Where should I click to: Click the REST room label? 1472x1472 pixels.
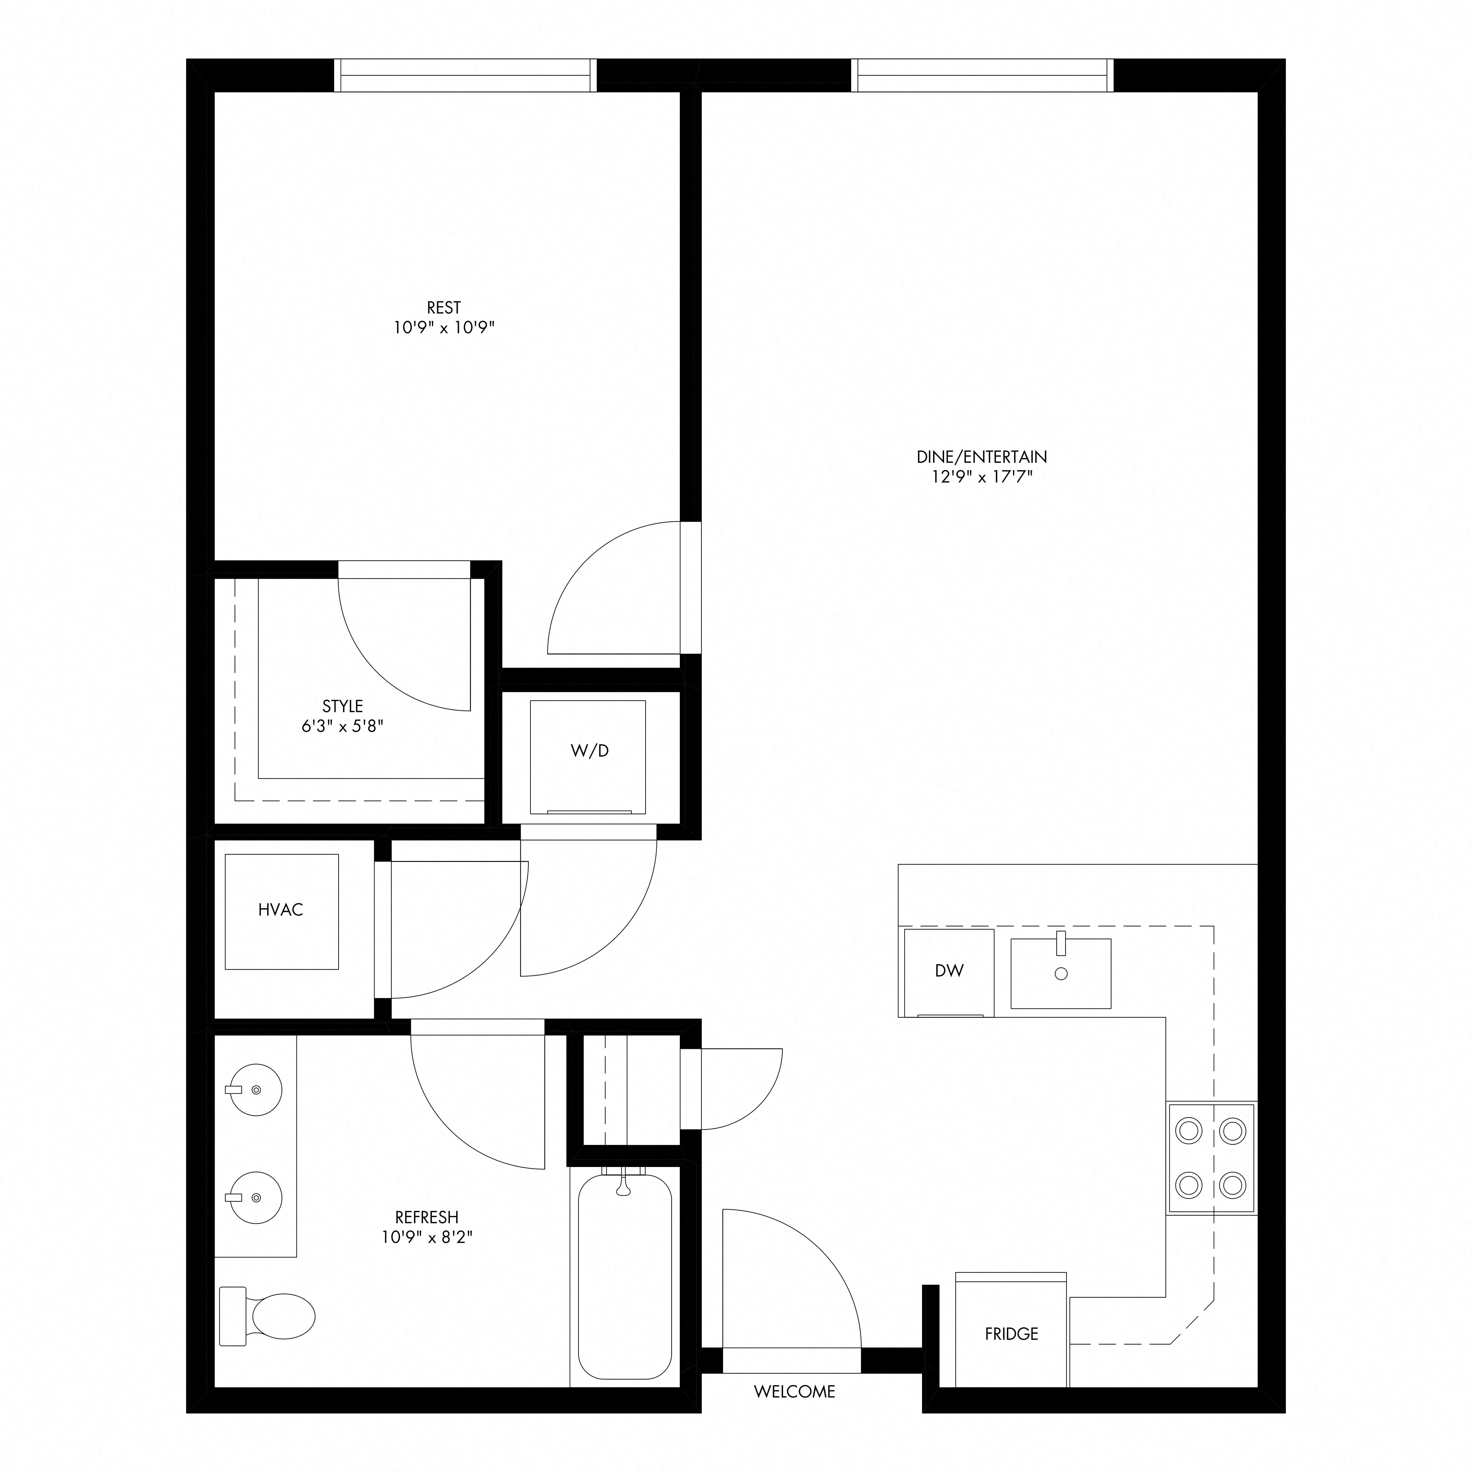pyautogui.click(x=443, y=308)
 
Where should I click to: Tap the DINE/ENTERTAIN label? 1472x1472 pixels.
pyautogui.click(x=981, y=457)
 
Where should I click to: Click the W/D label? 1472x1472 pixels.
pyautogui.click(x=590, y=750)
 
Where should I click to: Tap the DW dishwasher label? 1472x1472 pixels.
pyautogui.click(x=949, y=971)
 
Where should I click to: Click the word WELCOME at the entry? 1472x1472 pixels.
pyautogui.click(x=795, y=1392)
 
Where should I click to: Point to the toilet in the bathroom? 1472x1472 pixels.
pyautogui.click(x=267, y=1316)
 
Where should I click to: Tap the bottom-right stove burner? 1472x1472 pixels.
pyautogui.click(x=1232, y=1185)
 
